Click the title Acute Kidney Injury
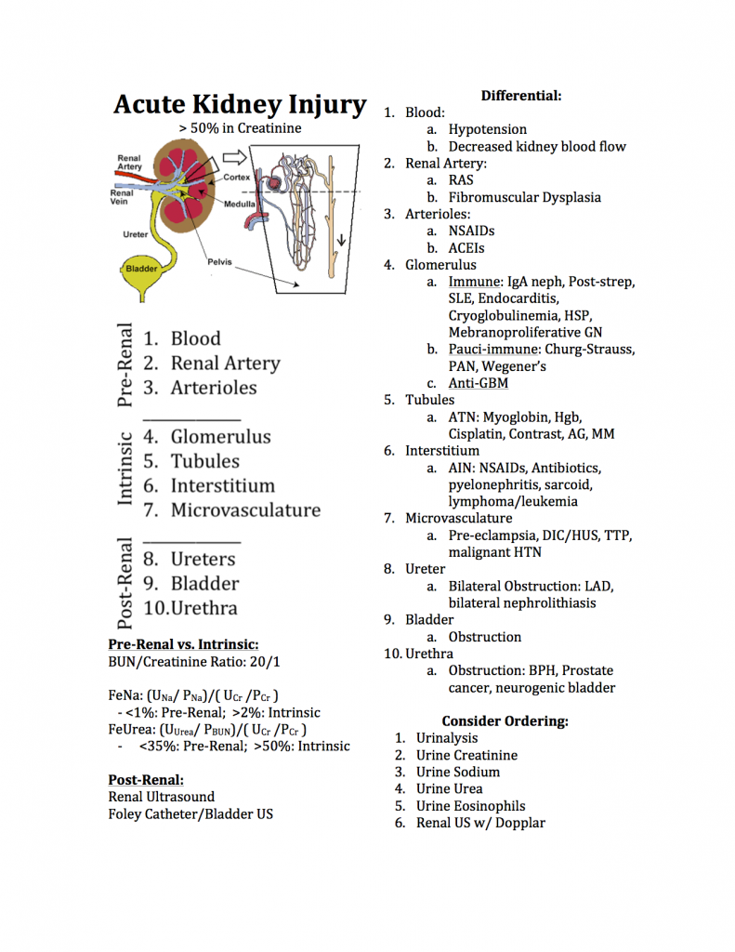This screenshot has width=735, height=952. coord(240,104)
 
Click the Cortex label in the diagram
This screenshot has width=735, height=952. coord(237,178)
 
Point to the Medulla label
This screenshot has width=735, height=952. coord(240,204)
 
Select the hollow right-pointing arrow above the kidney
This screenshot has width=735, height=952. coord(234,157)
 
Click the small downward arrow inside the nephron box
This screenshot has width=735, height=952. coord(342,240)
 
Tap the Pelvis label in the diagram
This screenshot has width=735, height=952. coord(219,261)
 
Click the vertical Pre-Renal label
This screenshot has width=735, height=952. coord(125,364)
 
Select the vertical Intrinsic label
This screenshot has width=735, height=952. coord(125,469)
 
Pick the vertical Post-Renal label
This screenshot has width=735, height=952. coord(125,583)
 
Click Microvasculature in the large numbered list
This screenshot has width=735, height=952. coord(246,510)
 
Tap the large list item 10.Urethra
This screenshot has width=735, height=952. coord(190,608)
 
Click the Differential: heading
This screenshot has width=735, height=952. coord(521,96)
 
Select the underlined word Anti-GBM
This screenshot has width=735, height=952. coord(479,383)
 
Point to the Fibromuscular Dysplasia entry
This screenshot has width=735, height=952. coord(524,197)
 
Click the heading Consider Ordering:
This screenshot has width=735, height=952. coord(505,721)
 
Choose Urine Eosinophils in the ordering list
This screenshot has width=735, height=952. coord(470,806)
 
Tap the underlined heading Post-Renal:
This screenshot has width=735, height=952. coord(146,780)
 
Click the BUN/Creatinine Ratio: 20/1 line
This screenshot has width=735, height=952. coord(194,661)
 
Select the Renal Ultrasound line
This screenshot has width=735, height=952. coord(162,797)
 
